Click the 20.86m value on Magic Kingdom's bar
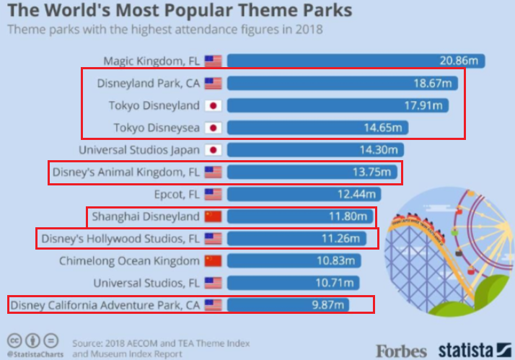coord(459,61)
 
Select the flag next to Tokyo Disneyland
coord(214,105)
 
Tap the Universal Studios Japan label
coord(139,150)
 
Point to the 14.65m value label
coord(383,128)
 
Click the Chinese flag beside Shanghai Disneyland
coord(214,216)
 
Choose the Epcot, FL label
coord(177,195)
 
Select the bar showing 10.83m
coord(294,261)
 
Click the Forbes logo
coord(401,351)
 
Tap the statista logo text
coord(465,350)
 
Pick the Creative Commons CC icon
coord(14,341)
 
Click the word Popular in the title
coord(200,10)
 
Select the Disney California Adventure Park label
coord(105,305)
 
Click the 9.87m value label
coord(327,305)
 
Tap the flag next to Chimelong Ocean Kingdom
coord(214,261)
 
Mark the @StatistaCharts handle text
coord(35,354)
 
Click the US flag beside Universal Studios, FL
coord(214,283)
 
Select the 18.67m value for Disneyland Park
coord(433,83)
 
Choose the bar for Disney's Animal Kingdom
coord(312,172)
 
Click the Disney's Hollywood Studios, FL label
coord(120,239)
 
